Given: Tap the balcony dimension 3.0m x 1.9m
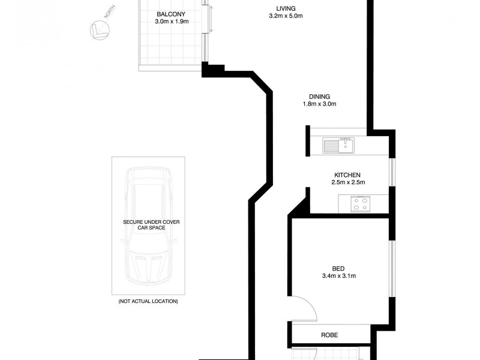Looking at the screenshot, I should click(x=172, y=21).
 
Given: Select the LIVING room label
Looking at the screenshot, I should click(x=285, y=8).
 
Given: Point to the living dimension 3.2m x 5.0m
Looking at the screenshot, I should click(x=285, y=16).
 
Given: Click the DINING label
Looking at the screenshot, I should click(x=319, y=97).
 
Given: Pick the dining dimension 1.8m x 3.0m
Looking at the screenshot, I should click(x=319, y=104).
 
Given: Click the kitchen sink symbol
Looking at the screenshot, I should click(x=338, y=144).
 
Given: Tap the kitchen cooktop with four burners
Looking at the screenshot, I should click(x=359, y=204).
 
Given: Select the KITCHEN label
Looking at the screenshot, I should click(x=349, y=175).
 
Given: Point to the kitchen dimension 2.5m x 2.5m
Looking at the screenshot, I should click(x=349, y=182).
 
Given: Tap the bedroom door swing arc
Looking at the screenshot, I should click(x=307, y=307).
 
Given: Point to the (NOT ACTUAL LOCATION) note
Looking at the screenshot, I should click(x=148, y=301).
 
